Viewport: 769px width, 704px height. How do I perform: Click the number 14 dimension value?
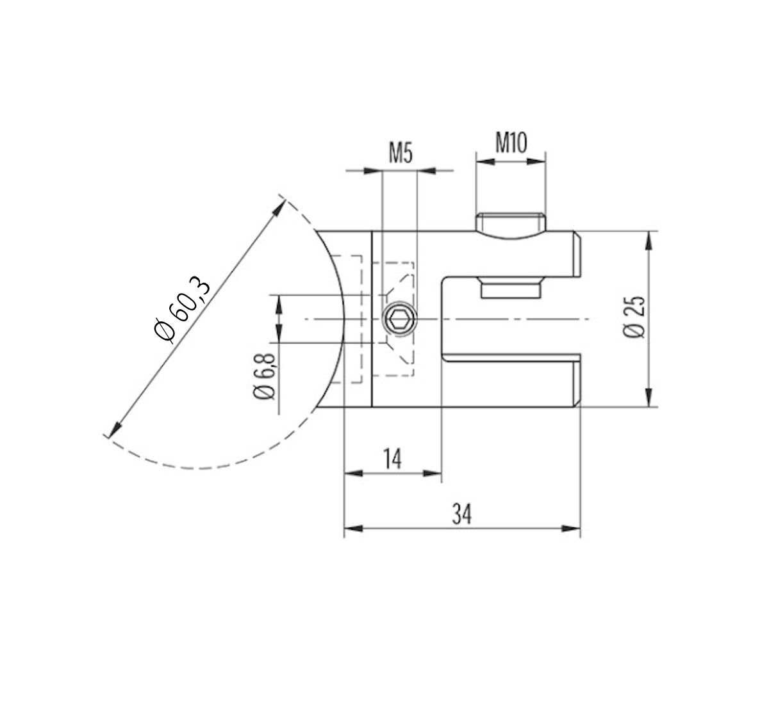[x=393, y=459]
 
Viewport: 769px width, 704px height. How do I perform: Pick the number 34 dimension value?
[x=461, y=514]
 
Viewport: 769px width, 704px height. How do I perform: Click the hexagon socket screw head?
[x=399, y=318]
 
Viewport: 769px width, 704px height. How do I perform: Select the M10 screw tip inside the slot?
[x=510, y=287]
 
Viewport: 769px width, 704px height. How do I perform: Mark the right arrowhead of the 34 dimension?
[x=572, y=529]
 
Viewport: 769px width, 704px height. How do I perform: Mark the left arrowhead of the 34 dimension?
[x=353, y=529]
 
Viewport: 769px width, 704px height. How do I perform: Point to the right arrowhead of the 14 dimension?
[x=434, y=474]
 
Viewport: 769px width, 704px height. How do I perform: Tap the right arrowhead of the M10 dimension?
[x=538, y=163]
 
